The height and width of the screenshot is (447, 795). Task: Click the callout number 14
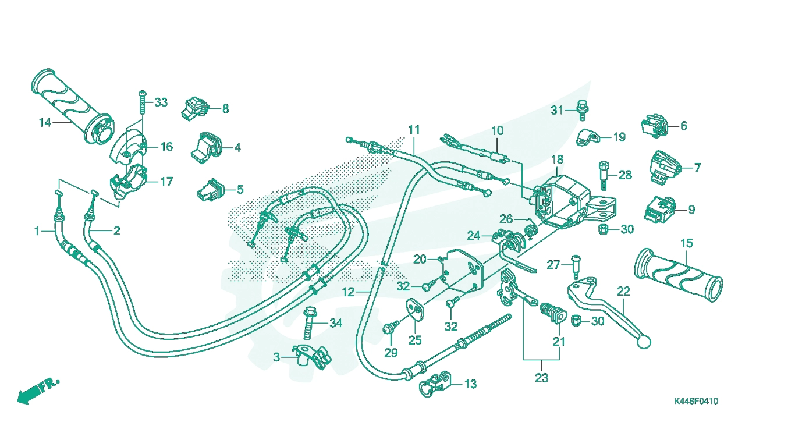pos(45,123)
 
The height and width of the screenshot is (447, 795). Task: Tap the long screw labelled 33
pos(143,102)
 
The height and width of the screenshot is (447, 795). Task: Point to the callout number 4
pos(237,148)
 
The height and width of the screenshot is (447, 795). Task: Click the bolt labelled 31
pos(582,110)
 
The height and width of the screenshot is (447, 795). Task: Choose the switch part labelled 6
pos(655,126)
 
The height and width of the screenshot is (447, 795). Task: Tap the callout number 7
pos(697,168)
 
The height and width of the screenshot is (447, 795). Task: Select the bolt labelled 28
pos(604,175)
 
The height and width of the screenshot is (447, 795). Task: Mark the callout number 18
pos(557,159)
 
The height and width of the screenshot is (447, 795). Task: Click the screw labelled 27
pos(576,267)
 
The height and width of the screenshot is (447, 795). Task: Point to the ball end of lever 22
pos(644,342)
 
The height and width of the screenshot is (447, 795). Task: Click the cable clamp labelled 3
pos(312,356)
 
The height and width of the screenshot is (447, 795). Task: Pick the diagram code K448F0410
pos(696,401)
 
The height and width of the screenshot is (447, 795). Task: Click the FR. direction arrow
pos(38,391)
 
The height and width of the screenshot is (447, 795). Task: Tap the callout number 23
pos(542,378)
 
